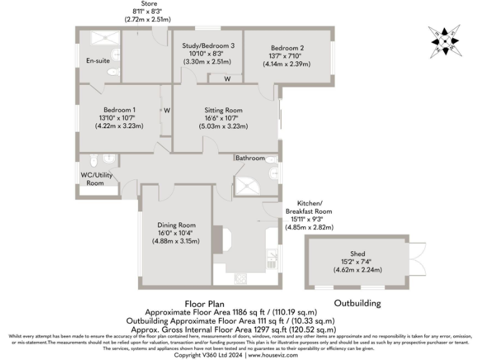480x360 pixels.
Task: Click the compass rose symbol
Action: coord(444,41)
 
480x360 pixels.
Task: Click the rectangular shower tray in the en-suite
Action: coord(100,38)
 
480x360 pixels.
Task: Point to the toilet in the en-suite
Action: coord(112,72)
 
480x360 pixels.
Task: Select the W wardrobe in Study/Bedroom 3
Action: coord(227,79)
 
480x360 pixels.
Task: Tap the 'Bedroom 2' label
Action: coord(287,47)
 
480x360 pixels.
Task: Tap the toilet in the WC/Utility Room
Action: coord(94,158)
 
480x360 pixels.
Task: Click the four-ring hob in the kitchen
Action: coord(241,277)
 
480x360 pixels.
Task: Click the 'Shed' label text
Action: coord(357,253)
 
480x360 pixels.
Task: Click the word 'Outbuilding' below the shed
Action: coord(357,303)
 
